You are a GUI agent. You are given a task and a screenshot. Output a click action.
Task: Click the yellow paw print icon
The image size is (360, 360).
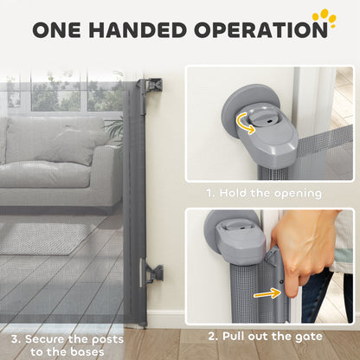(x=326, y=18)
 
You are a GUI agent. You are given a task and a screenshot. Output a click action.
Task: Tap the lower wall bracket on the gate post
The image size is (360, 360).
(x=154, y=273)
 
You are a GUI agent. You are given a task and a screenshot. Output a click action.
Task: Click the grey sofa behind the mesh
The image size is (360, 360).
(x=61, y=160)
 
